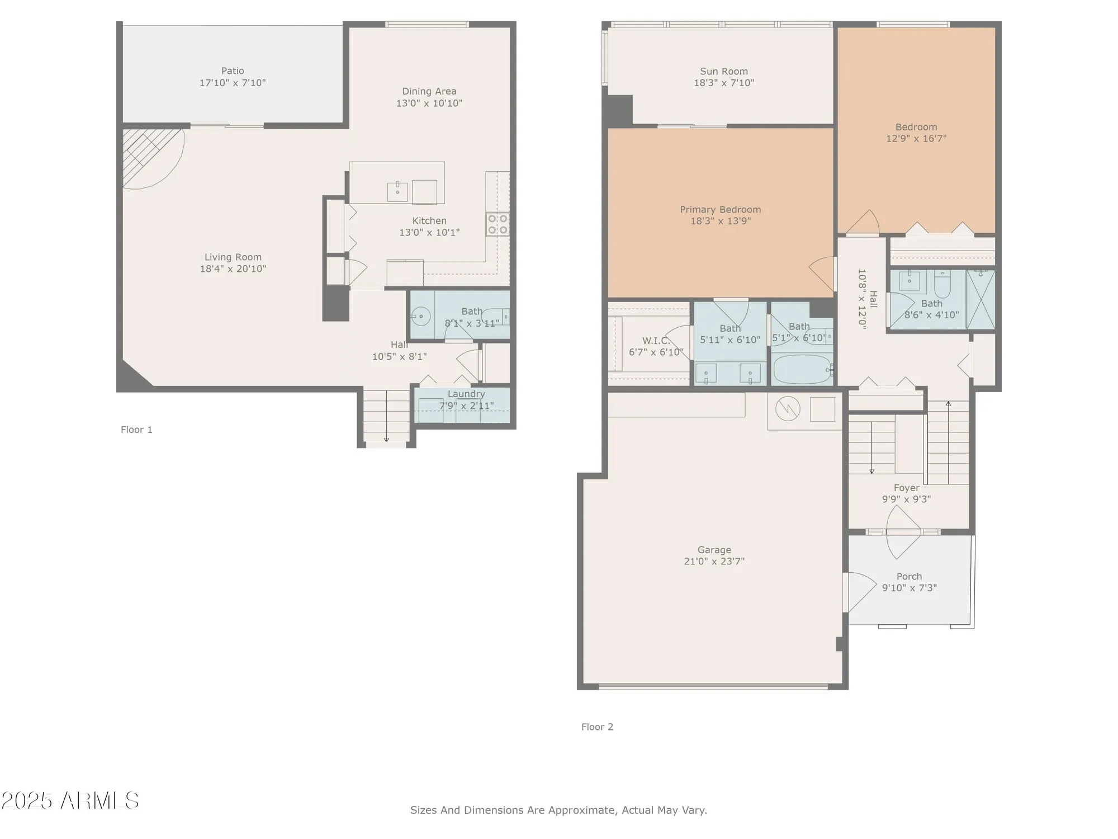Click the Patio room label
233,71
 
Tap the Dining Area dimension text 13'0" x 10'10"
429,103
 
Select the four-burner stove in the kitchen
498,224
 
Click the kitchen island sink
397,191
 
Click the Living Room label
233,257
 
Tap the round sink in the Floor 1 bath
421,317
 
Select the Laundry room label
466,394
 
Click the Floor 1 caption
136,430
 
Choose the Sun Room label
724,72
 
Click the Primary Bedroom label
720,210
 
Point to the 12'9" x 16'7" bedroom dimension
916,139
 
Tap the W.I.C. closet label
656,341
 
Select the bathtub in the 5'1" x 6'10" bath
802,369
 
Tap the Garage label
714,550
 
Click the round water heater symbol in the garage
788,409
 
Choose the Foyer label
906,488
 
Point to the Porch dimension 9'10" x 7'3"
909,588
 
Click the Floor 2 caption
597,727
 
